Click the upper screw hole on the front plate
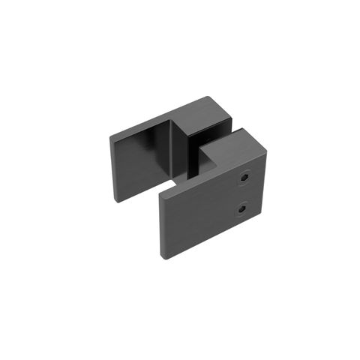pos(244,179)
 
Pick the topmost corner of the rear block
pos(209,97)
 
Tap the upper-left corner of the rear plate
pos(109,136)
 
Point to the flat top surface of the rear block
pos(204,115)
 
